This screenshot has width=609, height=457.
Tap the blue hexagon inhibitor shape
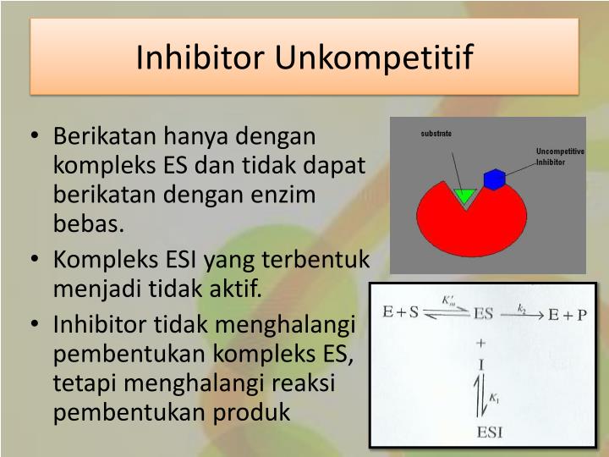494,179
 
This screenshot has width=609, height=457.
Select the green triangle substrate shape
464,196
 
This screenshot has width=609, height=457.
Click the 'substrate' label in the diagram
436,134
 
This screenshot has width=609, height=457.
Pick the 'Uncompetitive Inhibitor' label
559,157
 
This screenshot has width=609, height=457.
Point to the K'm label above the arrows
449,300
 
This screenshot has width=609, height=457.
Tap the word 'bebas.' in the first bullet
88,224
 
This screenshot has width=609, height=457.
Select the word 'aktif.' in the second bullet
234,290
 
